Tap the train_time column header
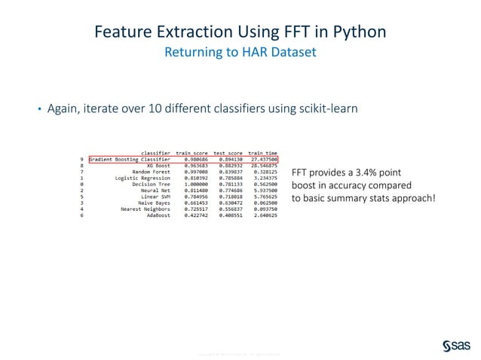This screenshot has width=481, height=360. [x=264, y=153]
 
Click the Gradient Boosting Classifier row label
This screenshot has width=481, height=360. [x=130, y=160]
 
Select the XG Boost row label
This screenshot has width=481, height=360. [x=154, y=166]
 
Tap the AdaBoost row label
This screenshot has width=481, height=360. [x=157, y=215]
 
